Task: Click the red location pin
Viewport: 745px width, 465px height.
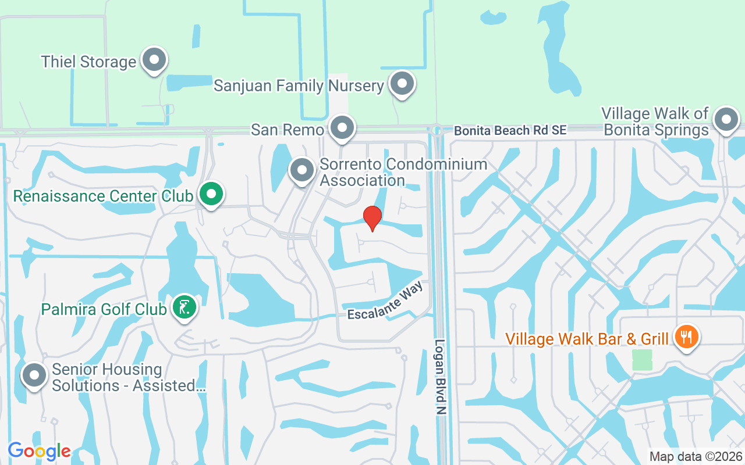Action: pyautogui.click(x=372, y=218)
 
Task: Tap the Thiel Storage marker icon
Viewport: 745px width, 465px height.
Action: pyautogui.click(x=154, y=60)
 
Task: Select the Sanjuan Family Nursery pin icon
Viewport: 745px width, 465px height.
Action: pyautogui.click(x=401, y=84)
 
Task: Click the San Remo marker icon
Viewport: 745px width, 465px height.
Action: pyautogui.click(x=342, y=127)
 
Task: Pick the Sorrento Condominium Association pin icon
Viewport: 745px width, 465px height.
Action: pyautogui.click(x=301, y=170)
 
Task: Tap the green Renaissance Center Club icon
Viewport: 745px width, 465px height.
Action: pyautogui.click(x=211, y=194)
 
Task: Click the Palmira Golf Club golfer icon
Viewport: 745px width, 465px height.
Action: pyautogui.click(x=185, y=306)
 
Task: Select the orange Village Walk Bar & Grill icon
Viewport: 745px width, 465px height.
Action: pyautogui.click(x=686, y=336)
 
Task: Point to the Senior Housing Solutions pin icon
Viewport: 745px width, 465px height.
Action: pyautogui.click(x=34, y=375)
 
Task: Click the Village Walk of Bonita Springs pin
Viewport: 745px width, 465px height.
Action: pyautogui.click(x=726, y=120)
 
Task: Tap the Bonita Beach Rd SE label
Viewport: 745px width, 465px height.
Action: pyautogui.click(x=510, y=131)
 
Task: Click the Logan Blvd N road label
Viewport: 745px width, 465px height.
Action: pyautogui.click(x=441, y=377)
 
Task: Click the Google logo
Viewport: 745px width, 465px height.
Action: pyautogui.click(x=39, y=450)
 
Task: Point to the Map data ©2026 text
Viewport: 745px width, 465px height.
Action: pyautogui.click(x=696, y=456)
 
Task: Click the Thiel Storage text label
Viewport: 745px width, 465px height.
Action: pyautogui.click(x=88, y=62)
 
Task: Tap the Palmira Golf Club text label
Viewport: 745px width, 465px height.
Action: pyautogui.click(x=104, y=309)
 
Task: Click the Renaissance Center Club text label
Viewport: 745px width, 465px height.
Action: pyautogui.click(x=102, y=196)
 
